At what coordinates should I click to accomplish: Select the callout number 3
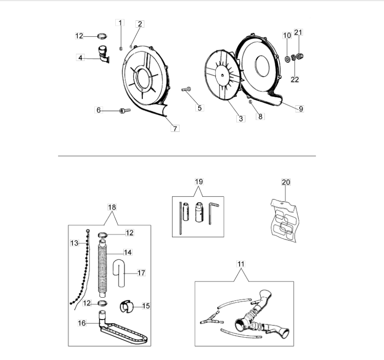pyautogui.click(x=242, y=119)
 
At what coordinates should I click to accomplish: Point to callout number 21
pyautogui.click(x=298, y=32)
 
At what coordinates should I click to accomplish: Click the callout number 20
pyautogui.click(x=286, y=182)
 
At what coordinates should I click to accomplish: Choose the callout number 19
pyautogui.click(x=199, y=181)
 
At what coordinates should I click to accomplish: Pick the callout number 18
pyautogui.click(x=112, y=207)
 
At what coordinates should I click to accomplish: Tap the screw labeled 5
pyautogui.click(x=186, y=89)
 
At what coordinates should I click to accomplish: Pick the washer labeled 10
pyautogui.click(x=287, y=59)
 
